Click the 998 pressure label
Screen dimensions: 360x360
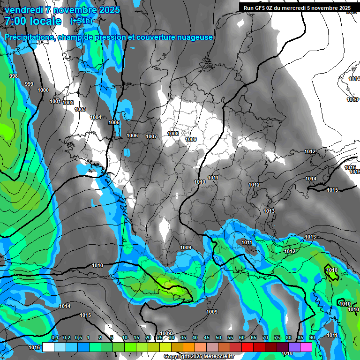[14, 76]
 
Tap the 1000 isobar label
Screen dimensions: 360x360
[43, 90]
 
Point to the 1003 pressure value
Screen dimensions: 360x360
[80, 109]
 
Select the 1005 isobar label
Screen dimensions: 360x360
[114, 122]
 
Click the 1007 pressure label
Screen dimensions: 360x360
[151, 136]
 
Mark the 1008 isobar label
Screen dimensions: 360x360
[173, 134]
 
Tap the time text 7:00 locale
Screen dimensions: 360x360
[33, 21]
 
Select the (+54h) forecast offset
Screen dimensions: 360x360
[81, 21]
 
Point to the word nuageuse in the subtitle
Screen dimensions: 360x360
[194, 37]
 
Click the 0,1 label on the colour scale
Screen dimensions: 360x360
[55, 337]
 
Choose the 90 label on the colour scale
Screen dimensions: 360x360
[312, 337]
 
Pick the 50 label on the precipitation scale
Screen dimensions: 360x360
[218, 337]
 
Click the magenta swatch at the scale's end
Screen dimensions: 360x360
[306, 347]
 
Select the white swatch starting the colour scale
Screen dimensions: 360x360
[48, 347]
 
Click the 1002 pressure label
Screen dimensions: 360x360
[68, 103]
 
